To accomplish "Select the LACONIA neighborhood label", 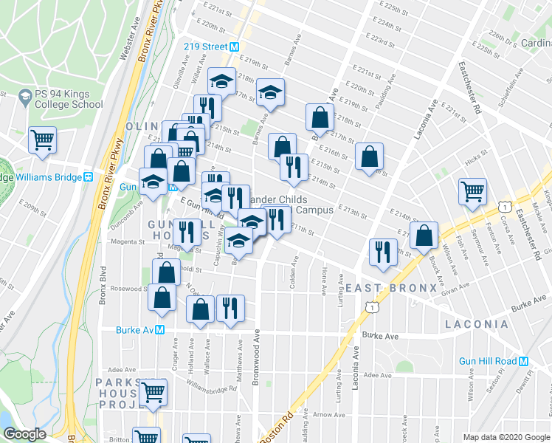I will click(476, 324).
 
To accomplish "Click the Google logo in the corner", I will click(24, 434).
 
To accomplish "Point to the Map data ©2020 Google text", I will click(506, 437).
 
